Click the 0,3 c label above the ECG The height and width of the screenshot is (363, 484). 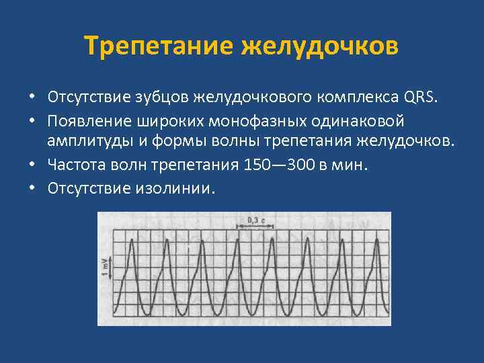pyautogui.click(x=255, y=220)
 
